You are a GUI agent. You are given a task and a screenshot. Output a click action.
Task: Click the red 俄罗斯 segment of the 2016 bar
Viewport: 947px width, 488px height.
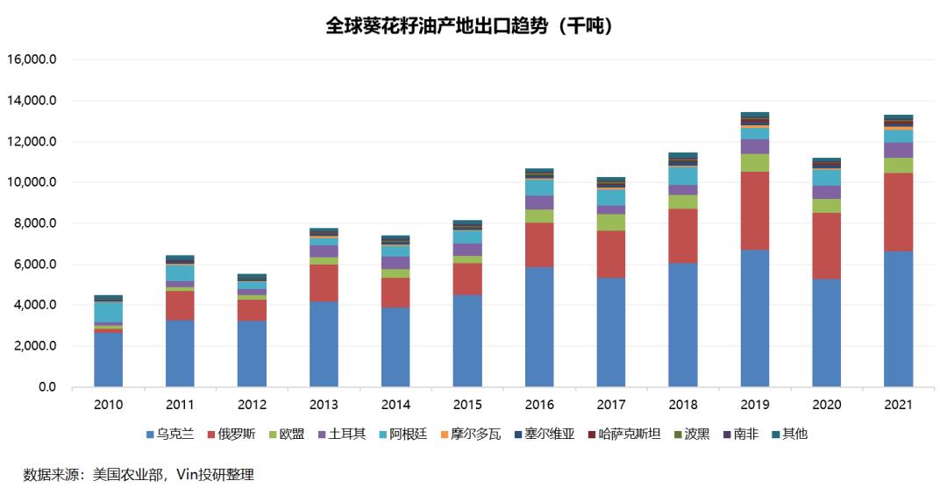pos(539,244)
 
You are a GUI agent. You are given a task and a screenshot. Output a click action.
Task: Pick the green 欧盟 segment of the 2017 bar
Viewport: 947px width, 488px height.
pos(611,222)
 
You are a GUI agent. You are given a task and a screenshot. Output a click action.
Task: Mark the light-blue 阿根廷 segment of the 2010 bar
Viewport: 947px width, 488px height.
pos(109,312)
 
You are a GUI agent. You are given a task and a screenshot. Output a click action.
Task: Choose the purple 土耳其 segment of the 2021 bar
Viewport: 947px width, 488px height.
pos(898,150)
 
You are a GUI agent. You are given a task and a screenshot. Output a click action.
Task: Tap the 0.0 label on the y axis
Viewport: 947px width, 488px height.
pos(44,387)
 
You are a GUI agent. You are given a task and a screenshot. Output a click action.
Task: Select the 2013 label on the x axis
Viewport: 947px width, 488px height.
pos(324,405)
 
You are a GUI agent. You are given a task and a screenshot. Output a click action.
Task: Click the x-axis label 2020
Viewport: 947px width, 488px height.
pos(826,405)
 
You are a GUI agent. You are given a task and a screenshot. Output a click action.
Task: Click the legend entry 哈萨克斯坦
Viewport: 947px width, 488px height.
pos(624,434)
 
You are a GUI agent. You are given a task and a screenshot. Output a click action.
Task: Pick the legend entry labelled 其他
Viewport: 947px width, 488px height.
pos(789,434)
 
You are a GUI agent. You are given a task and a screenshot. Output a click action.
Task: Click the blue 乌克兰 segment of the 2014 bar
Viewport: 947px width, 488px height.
pos(395,347)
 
